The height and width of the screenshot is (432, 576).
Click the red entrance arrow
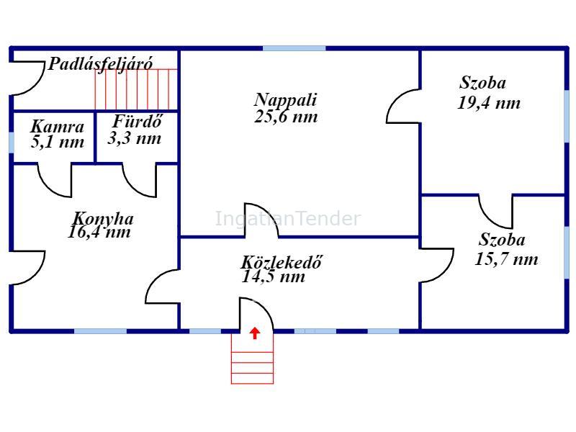[x=255, y=333]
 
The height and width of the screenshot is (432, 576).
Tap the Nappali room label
[x=285, y=100]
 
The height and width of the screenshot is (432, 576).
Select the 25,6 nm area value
[x=286, y=117]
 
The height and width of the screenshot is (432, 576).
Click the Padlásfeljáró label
[x=100, y=64]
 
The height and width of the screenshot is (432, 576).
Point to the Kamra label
[x=58, y=127]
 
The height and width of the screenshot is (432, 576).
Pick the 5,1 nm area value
[x=58, y=142]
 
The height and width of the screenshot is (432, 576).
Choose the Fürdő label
[x=137, y=122]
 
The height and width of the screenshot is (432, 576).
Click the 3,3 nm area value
[x=135, y=138]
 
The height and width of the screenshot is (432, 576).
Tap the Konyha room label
[x=103, y=219]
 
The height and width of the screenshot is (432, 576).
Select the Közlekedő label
[x=282, y=262]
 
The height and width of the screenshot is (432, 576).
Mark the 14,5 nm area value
[x=274, y=276]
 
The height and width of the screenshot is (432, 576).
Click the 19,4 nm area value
[x=489, y=103]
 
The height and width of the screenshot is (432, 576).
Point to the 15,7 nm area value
[x=507, y=259]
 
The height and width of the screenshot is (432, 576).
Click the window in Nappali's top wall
[x=294, y=48]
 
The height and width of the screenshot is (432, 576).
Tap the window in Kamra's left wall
[x=12, y=142]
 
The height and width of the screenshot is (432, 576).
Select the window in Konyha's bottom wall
[x=101, y=331]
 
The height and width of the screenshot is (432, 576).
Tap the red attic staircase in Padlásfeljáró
[x=136, y=89]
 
